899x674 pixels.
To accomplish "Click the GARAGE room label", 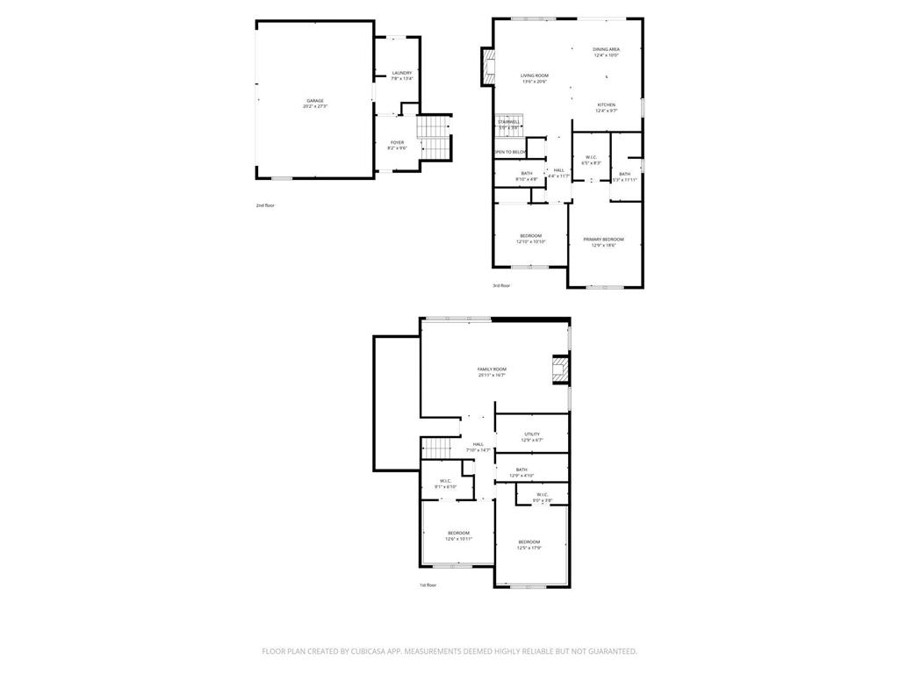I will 314,101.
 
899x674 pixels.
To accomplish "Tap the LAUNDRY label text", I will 401,73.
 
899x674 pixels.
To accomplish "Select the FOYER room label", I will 397,142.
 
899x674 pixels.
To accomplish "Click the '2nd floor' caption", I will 265,205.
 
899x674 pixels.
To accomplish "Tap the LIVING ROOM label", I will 534,76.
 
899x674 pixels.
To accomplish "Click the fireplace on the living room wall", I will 487,68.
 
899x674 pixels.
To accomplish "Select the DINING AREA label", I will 606,50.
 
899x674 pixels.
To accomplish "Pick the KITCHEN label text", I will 607,105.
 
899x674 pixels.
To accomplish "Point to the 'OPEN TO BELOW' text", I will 510,152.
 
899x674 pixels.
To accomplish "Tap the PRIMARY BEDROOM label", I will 604,240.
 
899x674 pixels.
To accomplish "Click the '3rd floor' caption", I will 501,285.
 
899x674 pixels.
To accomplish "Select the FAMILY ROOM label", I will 492,369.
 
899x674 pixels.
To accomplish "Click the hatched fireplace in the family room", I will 560,369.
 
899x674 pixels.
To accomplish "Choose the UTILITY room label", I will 532,434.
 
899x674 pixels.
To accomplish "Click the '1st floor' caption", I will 428,584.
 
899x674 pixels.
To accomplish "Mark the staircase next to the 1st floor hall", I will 441,447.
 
